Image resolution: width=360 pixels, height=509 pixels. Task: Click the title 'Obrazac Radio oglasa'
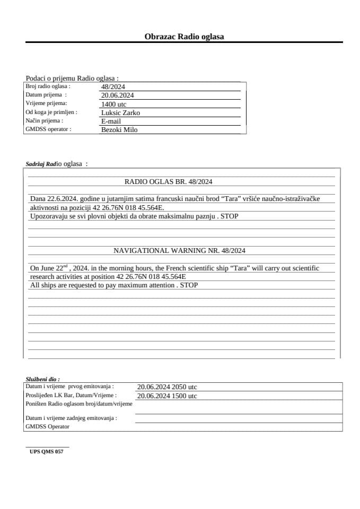pos(184,37)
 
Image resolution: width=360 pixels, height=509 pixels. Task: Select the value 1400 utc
pos(113,104)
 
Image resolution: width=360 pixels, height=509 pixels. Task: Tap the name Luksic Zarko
pos(120,113)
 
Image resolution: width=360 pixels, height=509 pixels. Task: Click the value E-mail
pos(111,121)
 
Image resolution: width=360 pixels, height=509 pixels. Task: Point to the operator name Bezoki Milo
pos(119,130)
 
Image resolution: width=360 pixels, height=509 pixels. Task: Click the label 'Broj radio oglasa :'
pos(48,86)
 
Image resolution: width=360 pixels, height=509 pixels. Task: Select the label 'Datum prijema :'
pos(46,95)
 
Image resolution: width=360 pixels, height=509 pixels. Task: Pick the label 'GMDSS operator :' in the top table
pos(48,129)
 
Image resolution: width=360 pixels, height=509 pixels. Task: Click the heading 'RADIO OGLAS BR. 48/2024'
pos(168,181)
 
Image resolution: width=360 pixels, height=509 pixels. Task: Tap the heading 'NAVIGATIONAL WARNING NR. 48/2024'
pos(179,250)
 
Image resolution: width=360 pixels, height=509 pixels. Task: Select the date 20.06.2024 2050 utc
pos(167,387)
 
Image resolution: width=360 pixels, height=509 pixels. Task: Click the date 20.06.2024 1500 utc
pos(167,396)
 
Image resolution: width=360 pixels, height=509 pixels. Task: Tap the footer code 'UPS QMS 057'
pos(47,452)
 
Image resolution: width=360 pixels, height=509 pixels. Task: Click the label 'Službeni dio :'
pos(42,379)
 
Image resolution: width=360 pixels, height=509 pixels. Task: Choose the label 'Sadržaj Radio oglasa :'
pos(56,164)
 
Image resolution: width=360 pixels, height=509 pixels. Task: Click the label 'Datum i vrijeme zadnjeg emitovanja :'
pos(71,418)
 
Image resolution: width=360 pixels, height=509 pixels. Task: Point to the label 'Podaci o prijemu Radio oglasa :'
pos(72,78)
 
